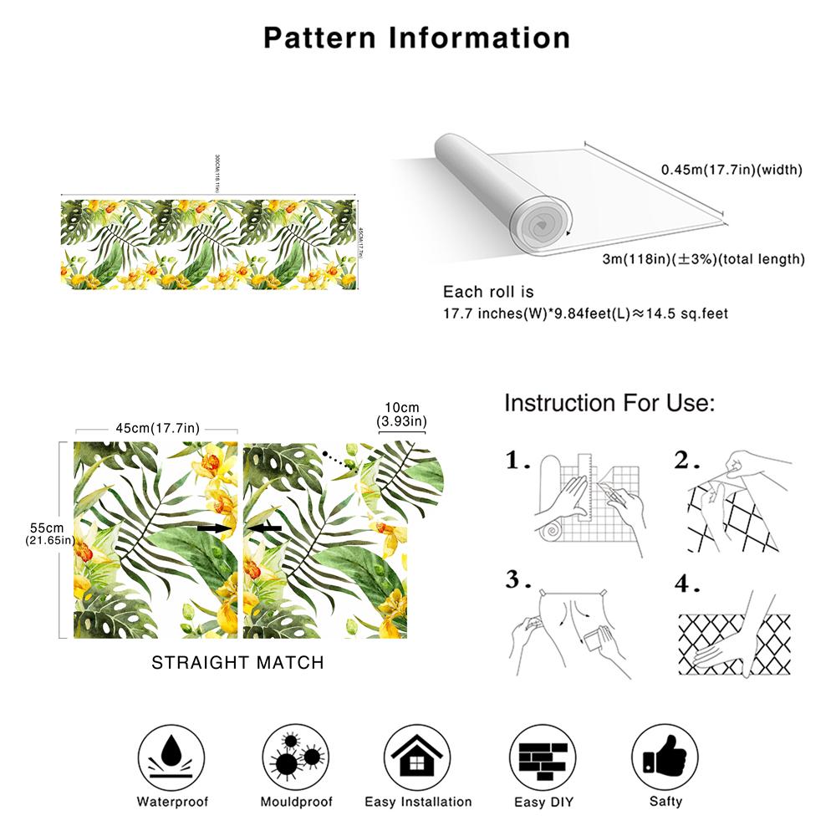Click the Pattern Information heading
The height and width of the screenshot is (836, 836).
coord(417,38)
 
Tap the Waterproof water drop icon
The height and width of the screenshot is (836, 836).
coord(172,752)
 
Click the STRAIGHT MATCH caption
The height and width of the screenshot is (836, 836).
coord(237,663)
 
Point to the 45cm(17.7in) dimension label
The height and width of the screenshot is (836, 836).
coord(157,428)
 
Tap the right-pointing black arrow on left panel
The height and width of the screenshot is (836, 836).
coord(214,528)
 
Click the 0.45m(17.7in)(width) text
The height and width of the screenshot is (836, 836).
coord(731,170)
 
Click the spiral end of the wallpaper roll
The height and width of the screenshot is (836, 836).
coord(542,222)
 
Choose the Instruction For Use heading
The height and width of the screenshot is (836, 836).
coord(609,404)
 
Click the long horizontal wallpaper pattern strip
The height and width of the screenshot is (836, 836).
coord(209,243)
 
